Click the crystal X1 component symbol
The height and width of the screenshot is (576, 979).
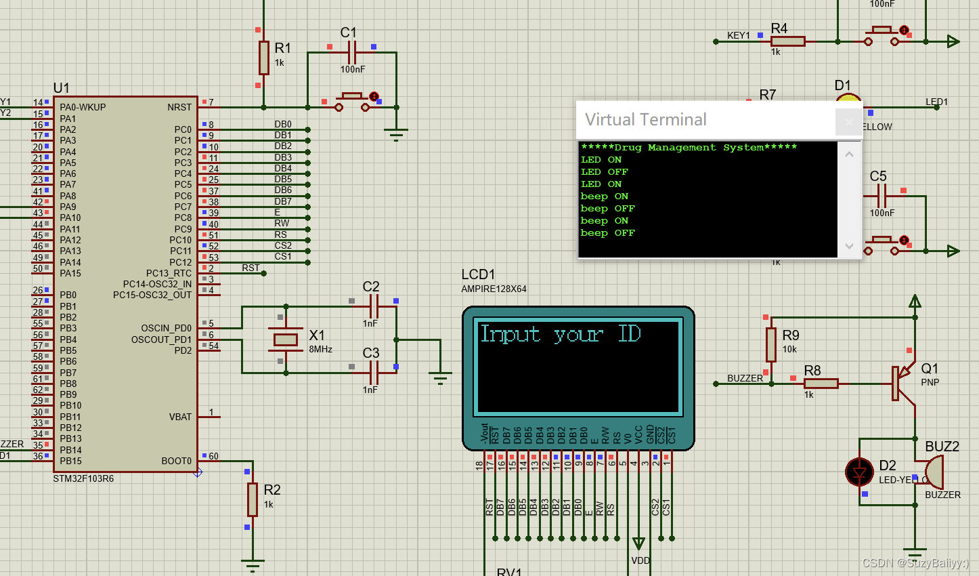pyautogui.click(x=286, y=340)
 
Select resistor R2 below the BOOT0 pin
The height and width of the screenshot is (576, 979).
pyautogui.click(x=253, y=499)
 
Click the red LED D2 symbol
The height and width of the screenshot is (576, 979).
pyautogui.click(x=860, y=472)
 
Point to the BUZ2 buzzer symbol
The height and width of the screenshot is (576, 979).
pyautogui.click(x=934, y=472)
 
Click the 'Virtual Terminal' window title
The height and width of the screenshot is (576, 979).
pyautogui.click(x=645, y=120)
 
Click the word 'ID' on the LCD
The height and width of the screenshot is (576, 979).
pyautogui.click(x=629, y=333)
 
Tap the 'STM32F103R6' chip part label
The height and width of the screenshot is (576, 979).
pyautogui.click(x=83, y=478)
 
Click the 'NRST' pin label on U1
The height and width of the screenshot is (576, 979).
pyautogui.click(x=179, y=107)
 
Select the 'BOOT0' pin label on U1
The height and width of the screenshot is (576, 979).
pyautogui.click(x=176, y=461)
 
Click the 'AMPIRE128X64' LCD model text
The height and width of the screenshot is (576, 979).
pyautogui.click(x=494, y=289)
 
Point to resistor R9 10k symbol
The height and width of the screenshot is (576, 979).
pyautogui.click(x=770, y=344)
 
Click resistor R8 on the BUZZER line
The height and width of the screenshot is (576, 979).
pyautogui.click(x=821, y=384)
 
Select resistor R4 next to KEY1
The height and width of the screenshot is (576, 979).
pyautogui.click(x=788, y=41)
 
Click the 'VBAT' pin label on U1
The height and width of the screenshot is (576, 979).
pyautogui.click(x=180, y=417)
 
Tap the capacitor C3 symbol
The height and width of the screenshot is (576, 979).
pyautogui.click(x=373, y=372)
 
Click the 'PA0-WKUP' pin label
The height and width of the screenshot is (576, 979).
pyautogui.click(x=83, y=107)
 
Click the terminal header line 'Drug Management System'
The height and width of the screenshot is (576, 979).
pyautogui.click(x=689, y=148)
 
